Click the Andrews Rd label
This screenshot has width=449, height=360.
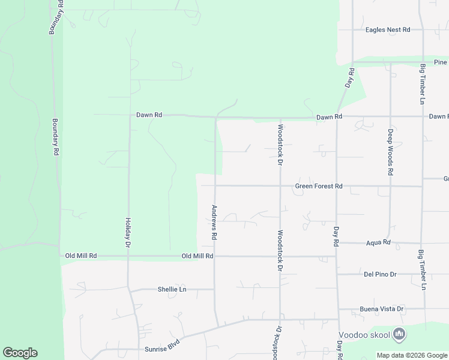point(213,223)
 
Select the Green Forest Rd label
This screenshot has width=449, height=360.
point(319,187)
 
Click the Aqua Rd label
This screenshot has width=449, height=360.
point(378,243)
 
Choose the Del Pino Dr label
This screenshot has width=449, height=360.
point(380,274)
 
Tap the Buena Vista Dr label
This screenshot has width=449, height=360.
point(381,309)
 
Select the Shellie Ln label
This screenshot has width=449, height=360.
point(172,289)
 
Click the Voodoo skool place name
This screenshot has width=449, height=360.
point(364,335)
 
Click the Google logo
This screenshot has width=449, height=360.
point(20,353)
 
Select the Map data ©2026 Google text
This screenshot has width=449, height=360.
point(412,355)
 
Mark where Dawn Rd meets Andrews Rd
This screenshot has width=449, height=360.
point(215,118)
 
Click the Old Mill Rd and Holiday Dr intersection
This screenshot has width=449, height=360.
point(128,256)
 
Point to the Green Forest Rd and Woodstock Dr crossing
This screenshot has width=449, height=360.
point(280,186)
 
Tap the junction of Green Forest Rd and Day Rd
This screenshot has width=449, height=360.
point(336,186)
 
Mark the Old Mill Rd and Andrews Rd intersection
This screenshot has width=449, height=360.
point(215,256)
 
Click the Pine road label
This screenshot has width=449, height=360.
point(441,62)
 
